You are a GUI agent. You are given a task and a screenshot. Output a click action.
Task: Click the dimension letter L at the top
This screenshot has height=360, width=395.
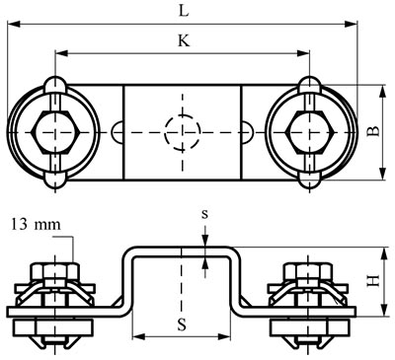(x=184, y=11)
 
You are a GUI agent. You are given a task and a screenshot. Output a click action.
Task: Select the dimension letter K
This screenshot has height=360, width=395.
(x=184, y=40)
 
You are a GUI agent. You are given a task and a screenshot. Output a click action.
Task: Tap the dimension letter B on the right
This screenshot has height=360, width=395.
(x=373, y=131)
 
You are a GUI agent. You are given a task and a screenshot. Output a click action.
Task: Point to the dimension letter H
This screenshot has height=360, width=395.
(x=373, y=281)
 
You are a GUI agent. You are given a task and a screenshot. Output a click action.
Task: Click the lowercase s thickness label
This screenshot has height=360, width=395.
(x=204, y=214)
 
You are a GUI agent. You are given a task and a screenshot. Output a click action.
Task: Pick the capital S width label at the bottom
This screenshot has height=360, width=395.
(x=182, y=324)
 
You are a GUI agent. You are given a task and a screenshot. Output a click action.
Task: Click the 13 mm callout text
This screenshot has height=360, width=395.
(x=37, y=225)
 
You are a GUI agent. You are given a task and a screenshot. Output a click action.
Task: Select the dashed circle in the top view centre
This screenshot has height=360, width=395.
(x=183, y=132)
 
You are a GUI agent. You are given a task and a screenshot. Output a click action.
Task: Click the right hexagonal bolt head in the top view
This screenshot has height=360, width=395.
(x=311, y=132)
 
